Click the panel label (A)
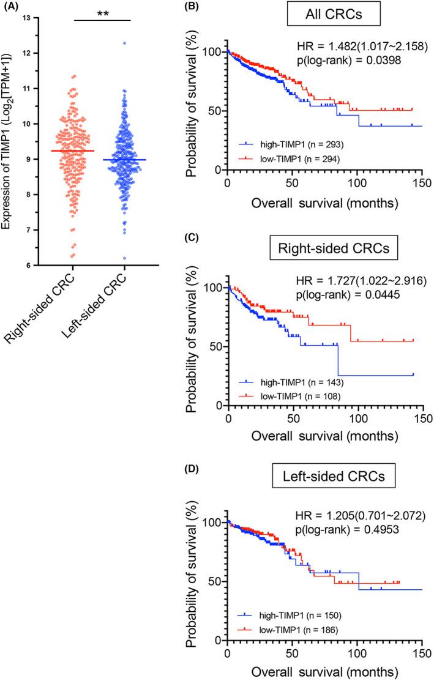click(x=11, y=7)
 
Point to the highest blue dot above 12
click(x=125, y=43)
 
